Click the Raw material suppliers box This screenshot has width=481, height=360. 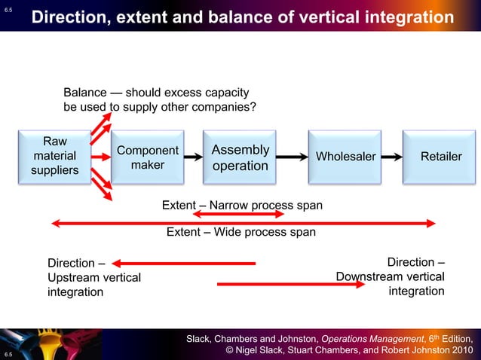pyautogui.click(x=54, y=156)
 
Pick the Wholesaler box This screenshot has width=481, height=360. pyautogui.click(x=345, y=157)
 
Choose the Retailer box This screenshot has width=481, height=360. pyautogui.click(x=441, y=157)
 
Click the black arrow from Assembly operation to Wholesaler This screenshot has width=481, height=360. pyautogui.click(x=290, y=157)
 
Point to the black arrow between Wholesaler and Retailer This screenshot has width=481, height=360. pyautogui.click(x=390, y=157)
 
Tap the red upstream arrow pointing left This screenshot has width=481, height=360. pyautogui.click(x=184, y=264)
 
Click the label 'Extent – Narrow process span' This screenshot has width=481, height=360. pyautogui.click(x=242, y=205)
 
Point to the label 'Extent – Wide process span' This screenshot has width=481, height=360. pyautogui.click(x=240, y=232)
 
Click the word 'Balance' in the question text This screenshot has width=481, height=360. pyautogui.click(x=84, y=93)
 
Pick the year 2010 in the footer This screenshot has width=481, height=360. pyautogui.click(x=459, y=351)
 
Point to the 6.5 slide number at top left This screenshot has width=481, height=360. pyautogui.click(x=8, y=9)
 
